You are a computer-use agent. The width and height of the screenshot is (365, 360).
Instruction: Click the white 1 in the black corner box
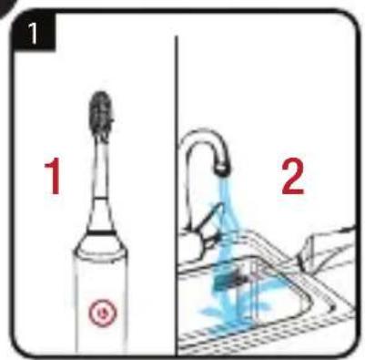click(x=33, y=33)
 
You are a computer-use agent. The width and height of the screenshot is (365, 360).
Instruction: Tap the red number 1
click(x=54, y=178)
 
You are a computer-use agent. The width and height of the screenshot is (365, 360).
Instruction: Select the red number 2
click(x=292, y=178)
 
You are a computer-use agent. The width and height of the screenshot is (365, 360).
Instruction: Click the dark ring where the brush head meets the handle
click(x=102, y=232)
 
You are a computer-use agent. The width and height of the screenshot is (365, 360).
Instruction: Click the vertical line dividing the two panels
click(x=176, y=194)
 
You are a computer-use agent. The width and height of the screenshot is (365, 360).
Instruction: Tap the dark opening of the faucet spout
click(x=222, y=170)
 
